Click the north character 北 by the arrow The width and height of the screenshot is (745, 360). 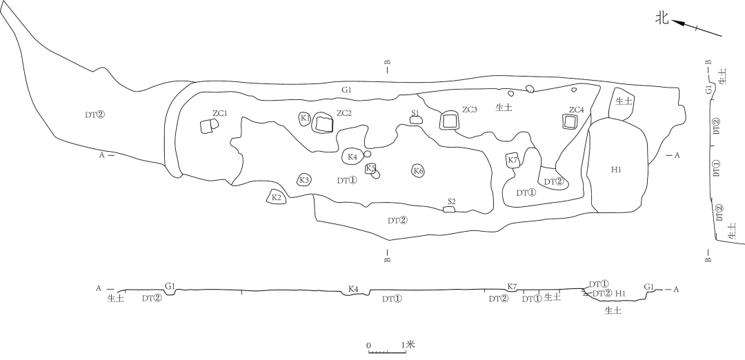click(662, 19)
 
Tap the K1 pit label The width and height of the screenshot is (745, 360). click(305, 118)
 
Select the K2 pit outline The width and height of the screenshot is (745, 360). click(277, 197)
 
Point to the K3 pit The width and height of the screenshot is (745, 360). click(305, 180)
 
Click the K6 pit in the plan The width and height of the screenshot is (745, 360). click(418, 171)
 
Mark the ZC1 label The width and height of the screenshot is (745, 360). click(219, 114)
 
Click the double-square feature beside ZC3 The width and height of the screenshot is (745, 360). click(450, 121)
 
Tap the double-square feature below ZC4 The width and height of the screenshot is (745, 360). click(570, 122)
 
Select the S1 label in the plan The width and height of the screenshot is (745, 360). click(416, 112)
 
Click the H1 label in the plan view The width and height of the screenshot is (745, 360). click(616, 170)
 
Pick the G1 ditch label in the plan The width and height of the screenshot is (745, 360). click(346, 89)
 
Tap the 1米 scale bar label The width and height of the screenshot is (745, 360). click(410, 344)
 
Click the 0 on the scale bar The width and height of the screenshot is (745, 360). click(368, 346)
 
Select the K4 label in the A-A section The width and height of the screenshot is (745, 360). click(353, 289)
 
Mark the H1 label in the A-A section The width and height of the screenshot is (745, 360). click(620, 294)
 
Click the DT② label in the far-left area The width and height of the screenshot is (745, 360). click(95, 115)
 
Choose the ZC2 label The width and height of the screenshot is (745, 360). click(344, 113)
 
